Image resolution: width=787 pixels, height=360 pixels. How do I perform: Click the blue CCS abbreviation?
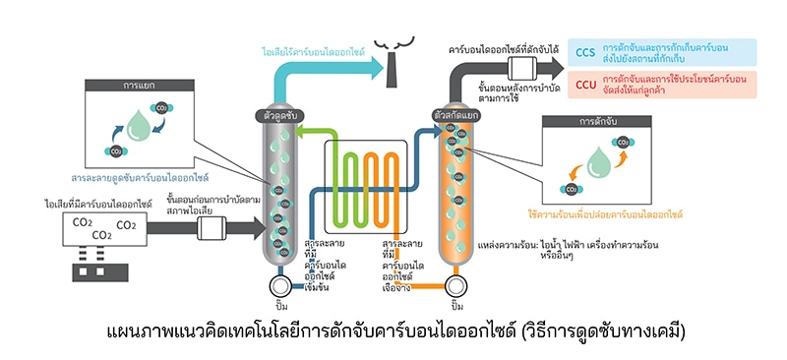(585, 53)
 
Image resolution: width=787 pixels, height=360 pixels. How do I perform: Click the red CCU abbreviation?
(585, 85)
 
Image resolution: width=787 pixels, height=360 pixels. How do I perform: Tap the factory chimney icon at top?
(393, 63)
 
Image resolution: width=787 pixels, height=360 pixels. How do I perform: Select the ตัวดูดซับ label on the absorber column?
(281, 115)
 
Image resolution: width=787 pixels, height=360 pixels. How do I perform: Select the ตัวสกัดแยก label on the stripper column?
(455, 115)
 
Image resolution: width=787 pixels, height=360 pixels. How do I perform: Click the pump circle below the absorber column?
(279, 286)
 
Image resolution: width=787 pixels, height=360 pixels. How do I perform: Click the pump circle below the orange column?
(456, 286)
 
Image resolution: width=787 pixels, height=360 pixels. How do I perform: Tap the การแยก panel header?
(139, 85)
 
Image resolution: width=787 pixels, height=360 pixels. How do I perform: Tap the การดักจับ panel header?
(597, 122)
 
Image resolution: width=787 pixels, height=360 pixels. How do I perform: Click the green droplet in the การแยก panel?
(139, 126)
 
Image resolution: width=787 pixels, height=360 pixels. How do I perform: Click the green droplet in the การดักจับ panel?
(599, 162)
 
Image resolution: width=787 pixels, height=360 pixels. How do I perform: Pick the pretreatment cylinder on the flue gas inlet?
(212, 228)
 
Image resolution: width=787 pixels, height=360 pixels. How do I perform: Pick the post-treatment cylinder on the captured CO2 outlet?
(522, 68)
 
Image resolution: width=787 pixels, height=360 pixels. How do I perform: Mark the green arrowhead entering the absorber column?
(300, 133)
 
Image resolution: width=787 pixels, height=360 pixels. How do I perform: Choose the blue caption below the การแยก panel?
(139, 178)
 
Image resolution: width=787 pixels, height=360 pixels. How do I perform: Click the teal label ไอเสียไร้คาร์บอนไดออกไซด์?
(313, 51)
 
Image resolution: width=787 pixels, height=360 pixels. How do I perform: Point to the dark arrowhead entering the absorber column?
(259, 228)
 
